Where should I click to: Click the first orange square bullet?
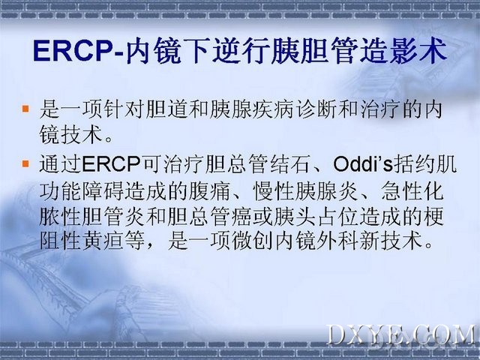pos(25,109)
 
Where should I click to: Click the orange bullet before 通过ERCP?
pos(25,163)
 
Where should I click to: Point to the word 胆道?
pos(166,109)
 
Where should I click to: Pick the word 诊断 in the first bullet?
pos(316,109)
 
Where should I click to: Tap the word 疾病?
pos(274,109)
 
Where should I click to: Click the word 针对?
pos(124,109)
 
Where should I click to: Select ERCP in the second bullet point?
pos(111,164)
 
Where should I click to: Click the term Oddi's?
pos(363,164)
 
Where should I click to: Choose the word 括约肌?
pos(425,164)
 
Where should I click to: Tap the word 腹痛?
pos(209,191)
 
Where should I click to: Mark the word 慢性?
pos(274,191)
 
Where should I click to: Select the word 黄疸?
pos(102,241)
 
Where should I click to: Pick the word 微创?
pos(252,241)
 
